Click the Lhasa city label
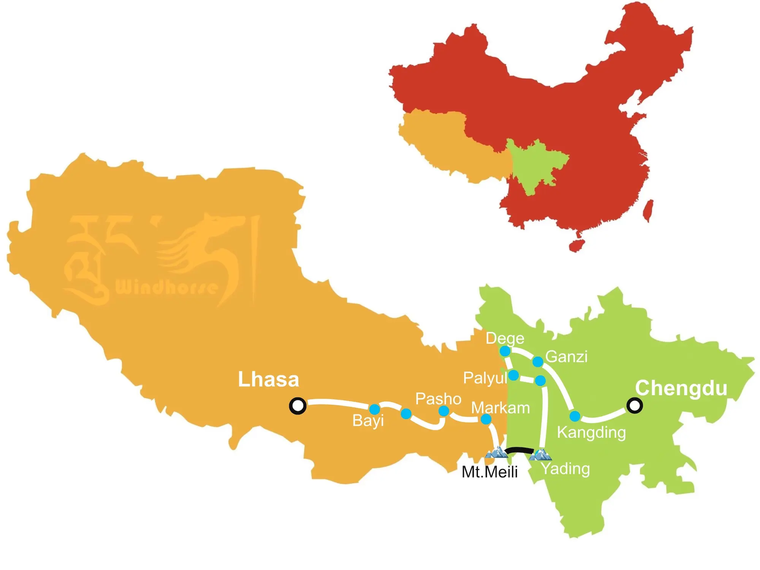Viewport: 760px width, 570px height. pyautogui.click(x=268, y=379)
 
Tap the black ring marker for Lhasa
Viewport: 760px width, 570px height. pyautogui.click(x=298, y=405)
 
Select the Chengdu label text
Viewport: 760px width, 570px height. pyautogui.click(x=681, y=388)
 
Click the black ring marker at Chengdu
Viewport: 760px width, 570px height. pyautogui.click(x=634, y=405)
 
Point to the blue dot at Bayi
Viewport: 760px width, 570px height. pyautogui.click(x=375, y=409)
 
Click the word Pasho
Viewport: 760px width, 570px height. pyautogui.click(x=438, y=399)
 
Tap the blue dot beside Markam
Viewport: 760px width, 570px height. pyautogui.click(x=486, y=419)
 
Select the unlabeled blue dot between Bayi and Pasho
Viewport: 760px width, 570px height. pyautogui.click(x=406, y=413)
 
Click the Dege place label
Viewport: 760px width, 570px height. pyautogui.click(x=505, y=338)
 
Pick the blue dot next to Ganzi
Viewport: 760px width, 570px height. pyautogui.click(x=538, y=361)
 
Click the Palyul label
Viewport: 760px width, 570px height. pyautogui.click(x=485, y=378)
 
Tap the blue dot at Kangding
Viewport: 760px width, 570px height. pyautogui.click(x=575, y=416)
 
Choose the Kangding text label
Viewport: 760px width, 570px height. pyautogui.click(x=591, y=432)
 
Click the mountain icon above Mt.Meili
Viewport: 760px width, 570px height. pyautogui.click(x=496, y=453)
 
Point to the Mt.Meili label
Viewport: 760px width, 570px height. pyautogui.click(x=489, y=472)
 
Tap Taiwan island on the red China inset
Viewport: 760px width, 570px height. pyautogui.click(x=648, y=210)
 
